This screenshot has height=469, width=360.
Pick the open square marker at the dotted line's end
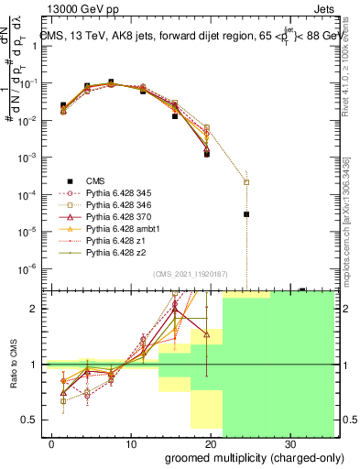click(x=246, y=181)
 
